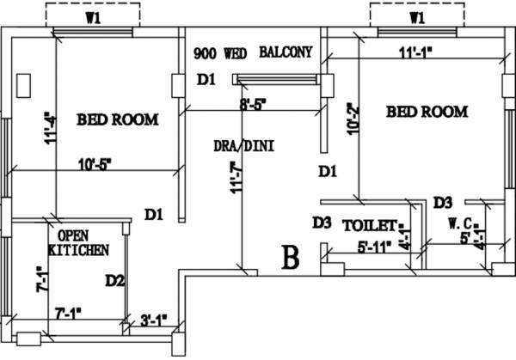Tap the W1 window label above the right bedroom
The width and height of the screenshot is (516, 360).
tap(417, 15)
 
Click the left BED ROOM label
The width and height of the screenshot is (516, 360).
tap(117, 119)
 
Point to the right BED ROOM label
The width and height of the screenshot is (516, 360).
tap(427, 112)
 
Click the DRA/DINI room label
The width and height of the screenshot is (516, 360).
tap(244, 145)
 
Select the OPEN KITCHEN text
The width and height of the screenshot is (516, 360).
tap(78, 242)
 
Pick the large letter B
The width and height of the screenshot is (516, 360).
tap(291, 258)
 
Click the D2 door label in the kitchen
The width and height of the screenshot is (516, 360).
tap(115, 280)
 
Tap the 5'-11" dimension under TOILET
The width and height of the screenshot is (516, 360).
tap(374, 247)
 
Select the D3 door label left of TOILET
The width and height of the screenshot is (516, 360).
tap(322, 223)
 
